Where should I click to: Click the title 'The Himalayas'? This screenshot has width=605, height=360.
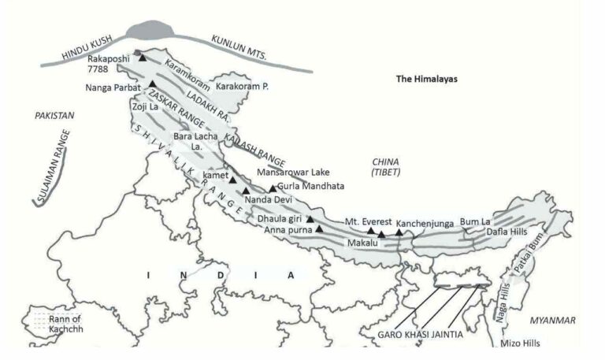pos(427,80)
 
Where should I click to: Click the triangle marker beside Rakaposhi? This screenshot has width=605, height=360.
pos(143,58)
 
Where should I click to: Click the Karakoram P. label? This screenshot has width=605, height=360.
pos(242,86)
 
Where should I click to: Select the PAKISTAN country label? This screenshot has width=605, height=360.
pos(54,116)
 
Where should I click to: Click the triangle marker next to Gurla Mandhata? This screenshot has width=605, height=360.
pos(273,188)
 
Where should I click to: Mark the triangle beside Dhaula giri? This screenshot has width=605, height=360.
pos(310,218)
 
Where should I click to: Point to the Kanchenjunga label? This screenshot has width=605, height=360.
pos(425,223)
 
